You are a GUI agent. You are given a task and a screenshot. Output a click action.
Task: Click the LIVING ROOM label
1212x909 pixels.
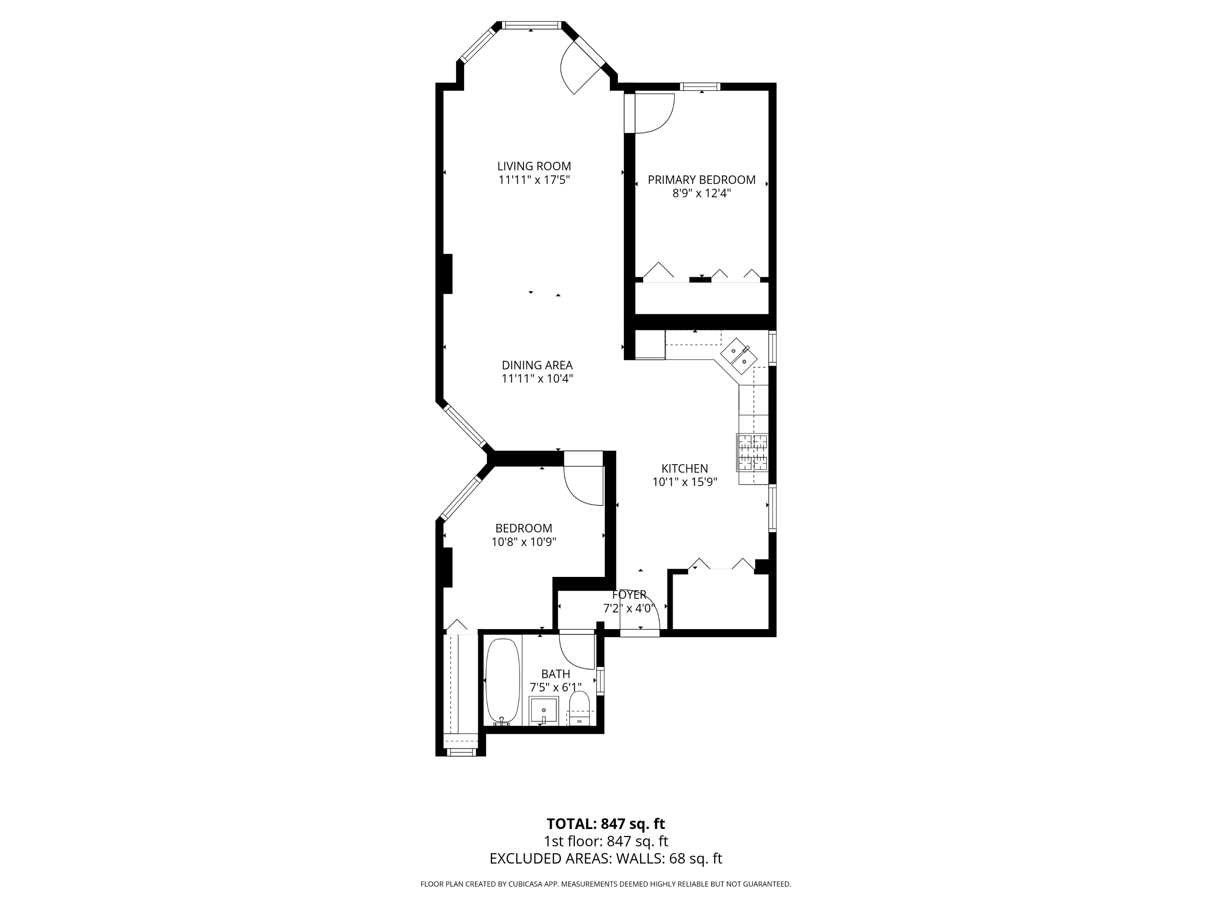(x=534, y=166)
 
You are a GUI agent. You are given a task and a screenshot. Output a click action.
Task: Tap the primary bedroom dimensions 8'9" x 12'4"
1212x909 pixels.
(x=701, y=194)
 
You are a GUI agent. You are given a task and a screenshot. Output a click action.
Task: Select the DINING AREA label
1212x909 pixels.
(x=537, y=365)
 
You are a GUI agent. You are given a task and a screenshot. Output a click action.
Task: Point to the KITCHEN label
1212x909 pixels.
(x=684, y=469)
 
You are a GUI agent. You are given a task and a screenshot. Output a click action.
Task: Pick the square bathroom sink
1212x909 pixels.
(x=543, y=711)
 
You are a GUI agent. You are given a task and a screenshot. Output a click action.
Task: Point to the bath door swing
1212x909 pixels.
(x=577, y=651)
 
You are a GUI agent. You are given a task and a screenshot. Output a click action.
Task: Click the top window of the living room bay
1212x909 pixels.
(x=532, y=25)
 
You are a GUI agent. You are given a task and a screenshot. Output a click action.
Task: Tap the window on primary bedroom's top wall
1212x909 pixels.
(x=700, y=86)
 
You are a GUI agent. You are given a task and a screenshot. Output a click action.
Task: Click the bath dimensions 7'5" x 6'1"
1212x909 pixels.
(x=555, y=687)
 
